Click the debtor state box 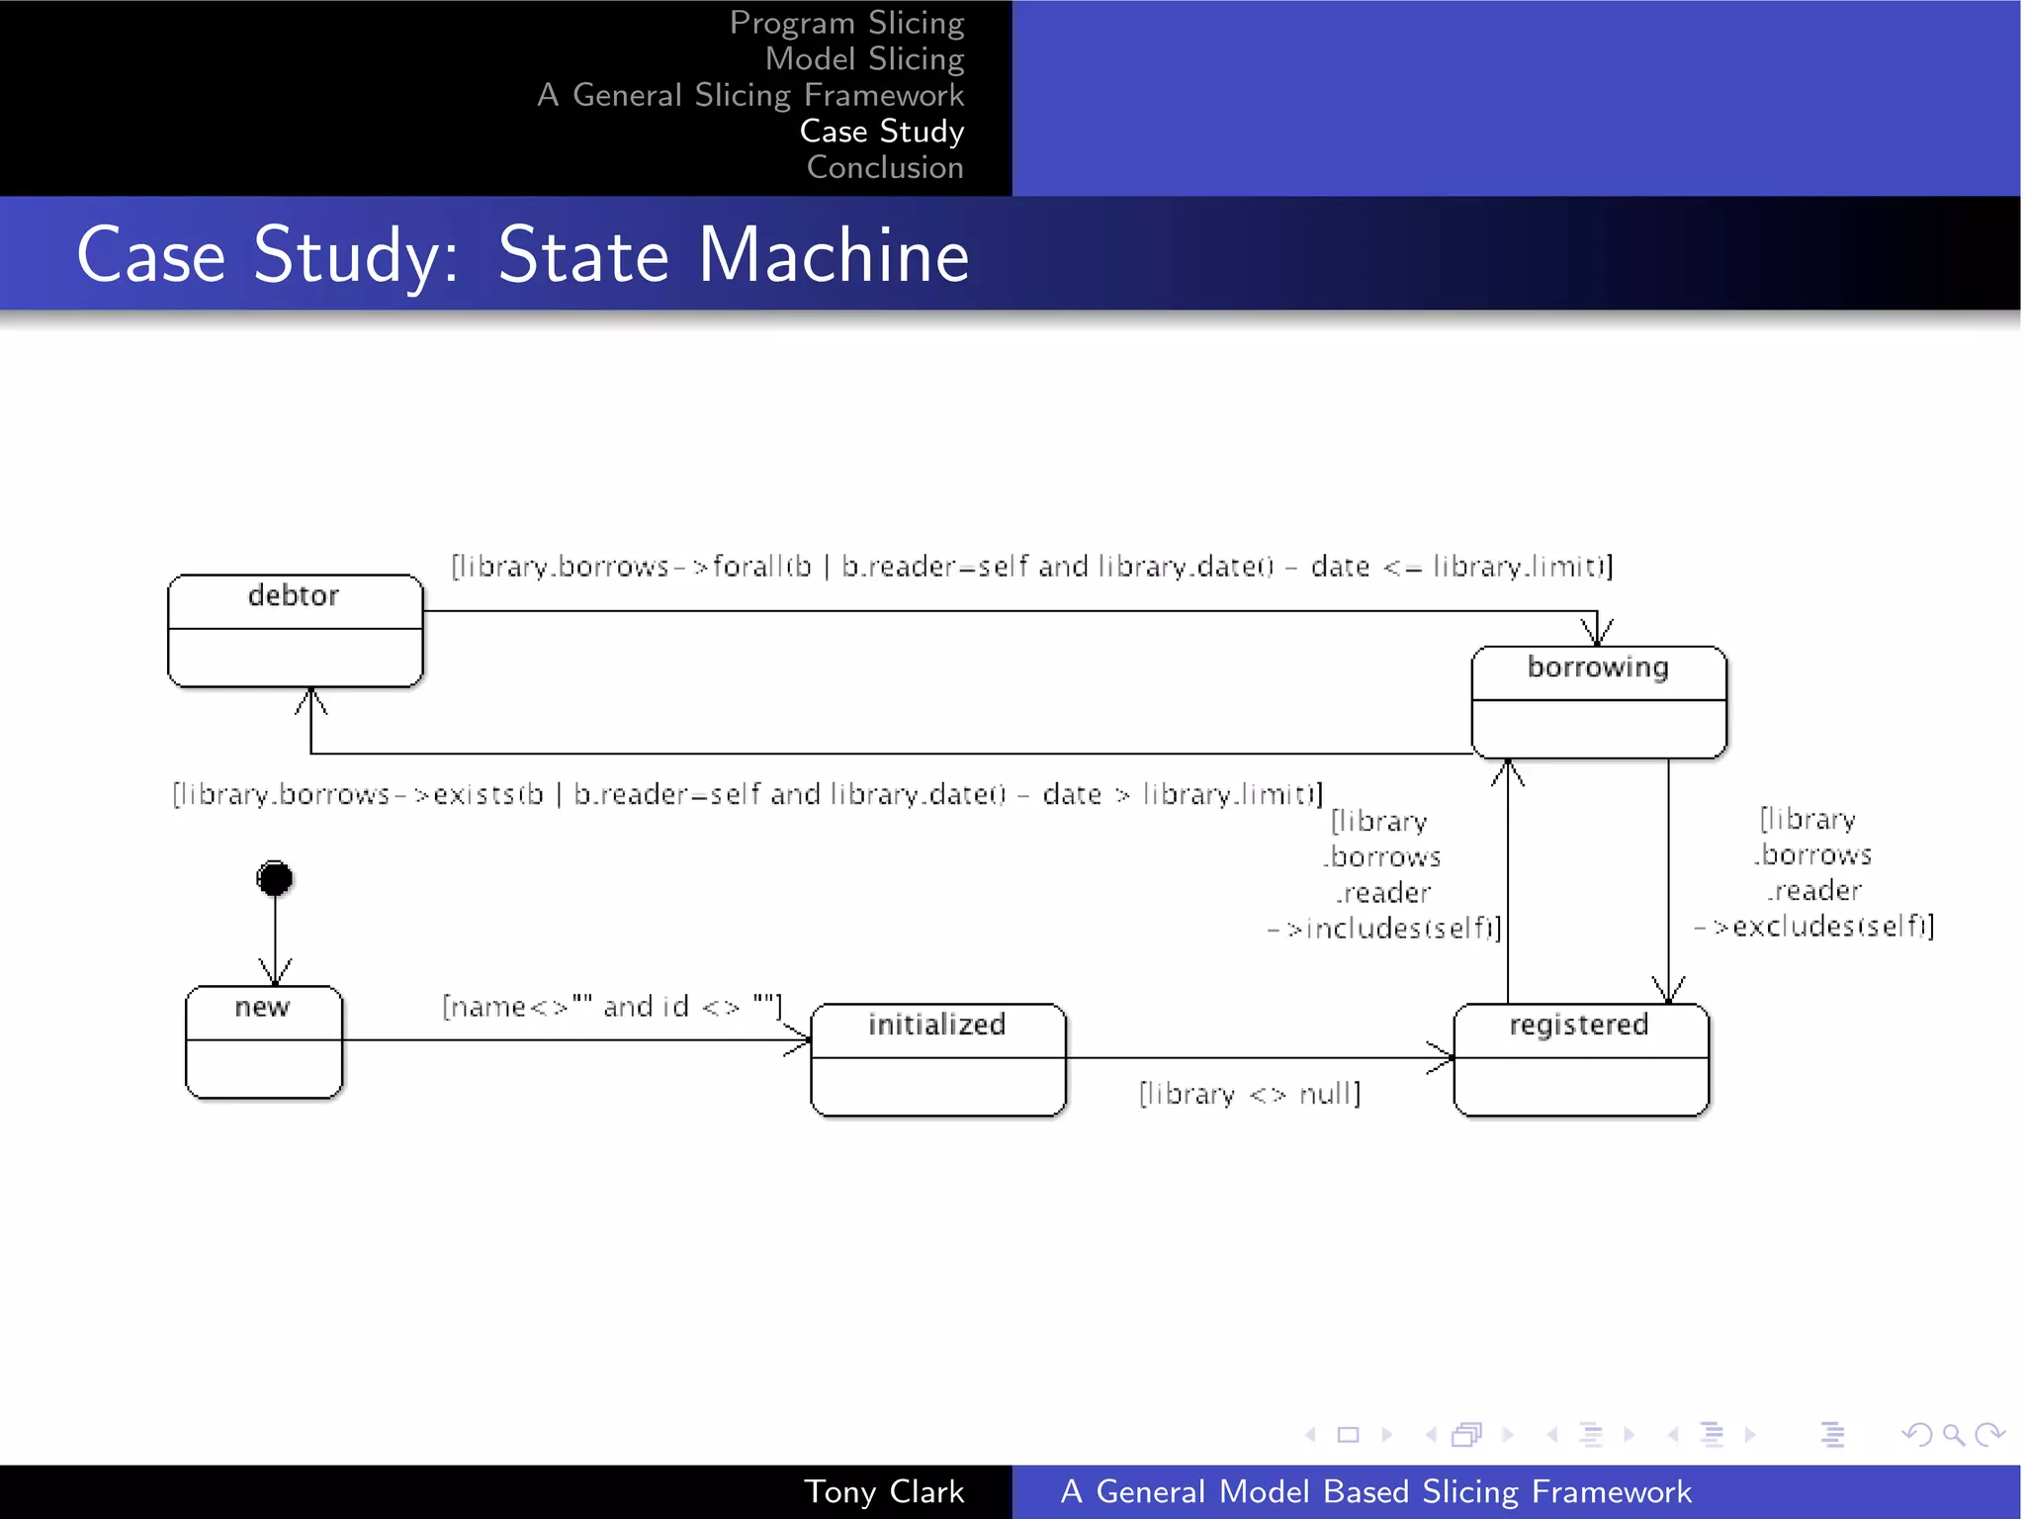(x=295, y=630)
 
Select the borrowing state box (x=1598, y=702)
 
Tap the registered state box (x=1580, y=1059)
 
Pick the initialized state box (x=937, y=1059)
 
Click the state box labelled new (x=263, y=1041)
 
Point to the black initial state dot (x=275, y=878)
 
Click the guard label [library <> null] (x=1249, y=1094)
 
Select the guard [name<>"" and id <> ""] (x=611, y=1007)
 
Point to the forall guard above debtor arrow (x=1031, y=567)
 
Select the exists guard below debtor (x=747, y=794)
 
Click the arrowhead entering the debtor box (x=311, y=700)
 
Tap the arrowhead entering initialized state (x=799, y=1039)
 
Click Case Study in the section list (x=881, y=132)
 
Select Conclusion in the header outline (x=884, y=168)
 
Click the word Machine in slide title (x=834, y=255)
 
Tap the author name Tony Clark (x=883, y=1491)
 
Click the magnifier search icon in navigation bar (x=1952, y=1434)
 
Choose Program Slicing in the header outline (x=846, y=23)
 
